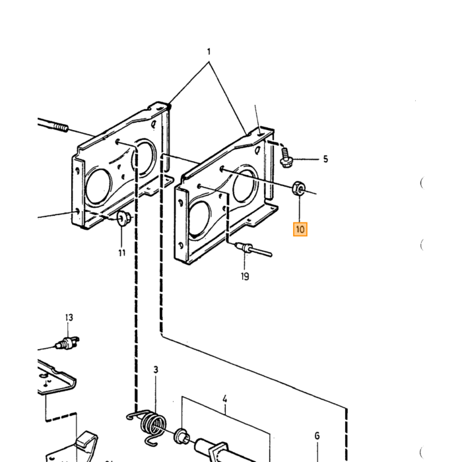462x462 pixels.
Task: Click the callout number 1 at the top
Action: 209,52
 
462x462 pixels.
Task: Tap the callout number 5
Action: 325,159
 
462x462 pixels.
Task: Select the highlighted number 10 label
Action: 300,229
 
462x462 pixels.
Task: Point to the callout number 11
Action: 122,253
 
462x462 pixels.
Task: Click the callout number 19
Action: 245,277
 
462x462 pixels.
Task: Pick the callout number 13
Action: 69,317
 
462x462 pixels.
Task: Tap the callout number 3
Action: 156,370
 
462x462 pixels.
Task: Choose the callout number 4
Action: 225,399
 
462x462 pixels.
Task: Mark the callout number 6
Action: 317,436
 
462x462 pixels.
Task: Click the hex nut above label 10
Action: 298,188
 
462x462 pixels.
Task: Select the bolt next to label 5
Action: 285,158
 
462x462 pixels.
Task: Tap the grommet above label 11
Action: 123,218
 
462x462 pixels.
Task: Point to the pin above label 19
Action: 253,249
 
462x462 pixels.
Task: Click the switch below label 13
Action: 67,343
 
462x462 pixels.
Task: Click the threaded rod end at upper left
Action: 53,125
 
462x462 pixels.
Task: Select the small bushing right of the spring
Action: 181,436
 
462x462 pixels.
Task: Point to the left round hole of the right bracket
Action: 199,218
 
